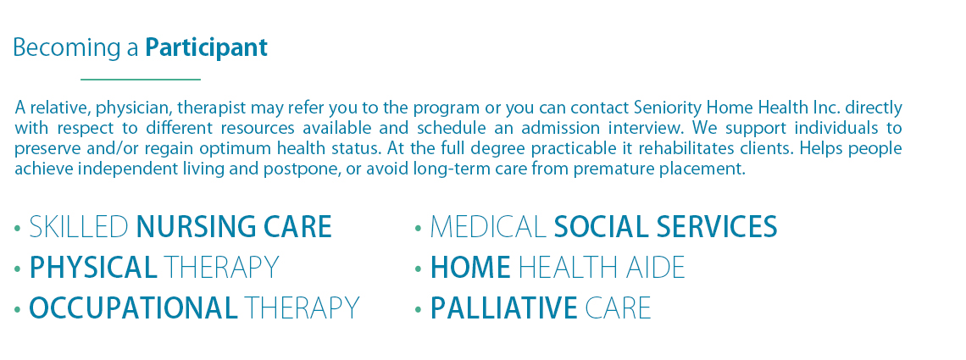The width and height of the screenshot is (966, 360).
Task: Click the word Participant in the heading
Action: coord(207,48)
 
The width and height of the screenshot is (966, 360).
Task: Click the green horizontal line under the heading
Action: coord(141,80)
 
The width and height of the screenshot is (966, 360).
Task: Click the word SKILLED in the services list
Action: coord(79,227)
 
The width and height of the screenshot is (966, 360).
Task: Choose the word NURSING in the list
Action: coord(197,227)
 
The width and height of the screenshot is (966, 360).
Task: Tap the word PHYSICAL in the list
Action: coord(94,267)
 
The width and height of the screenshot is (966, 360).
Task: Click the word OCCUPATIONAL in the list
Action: coord(134,307)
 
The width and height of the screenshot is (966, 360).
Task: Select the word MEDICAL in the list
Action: coord(488,227)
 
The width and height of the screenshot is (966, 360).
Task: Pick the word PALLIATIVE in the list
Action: coord(504,307)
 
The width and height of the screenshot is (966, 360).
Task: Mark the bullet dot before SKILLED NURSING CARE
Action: coord(17,229)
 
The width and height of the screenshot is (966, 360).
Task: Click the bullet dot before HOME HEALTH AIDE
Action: coord(419,269)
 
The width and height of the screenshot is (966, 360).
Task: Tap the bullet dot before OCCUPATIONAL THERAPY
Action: coord(17,309)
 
